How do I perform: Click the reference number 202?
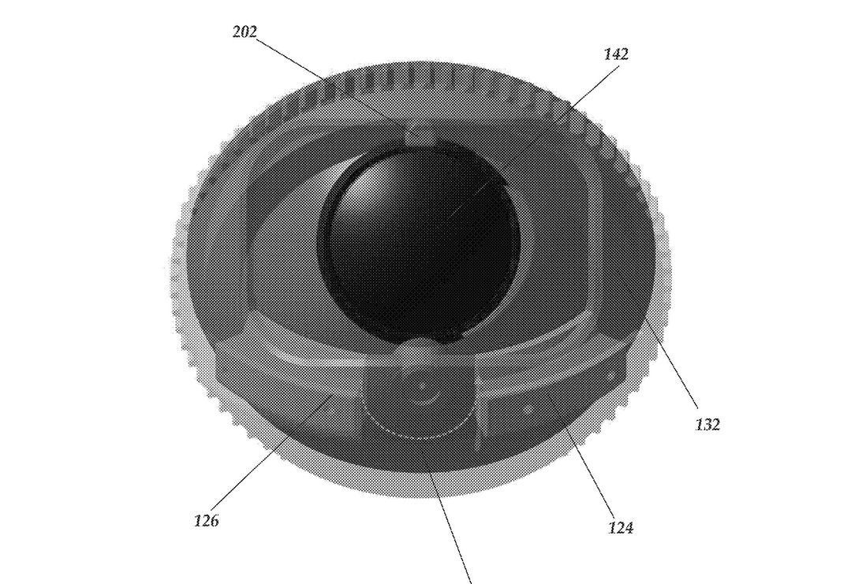[244, 32]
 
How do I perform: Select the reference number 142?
[616, 54]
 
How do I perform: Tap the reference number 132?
[707, 425]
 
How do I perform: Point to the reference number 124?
[621, 527]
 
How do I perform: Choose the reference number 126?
[206, 521]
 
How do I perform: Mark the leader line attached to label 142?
[534, 142]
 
